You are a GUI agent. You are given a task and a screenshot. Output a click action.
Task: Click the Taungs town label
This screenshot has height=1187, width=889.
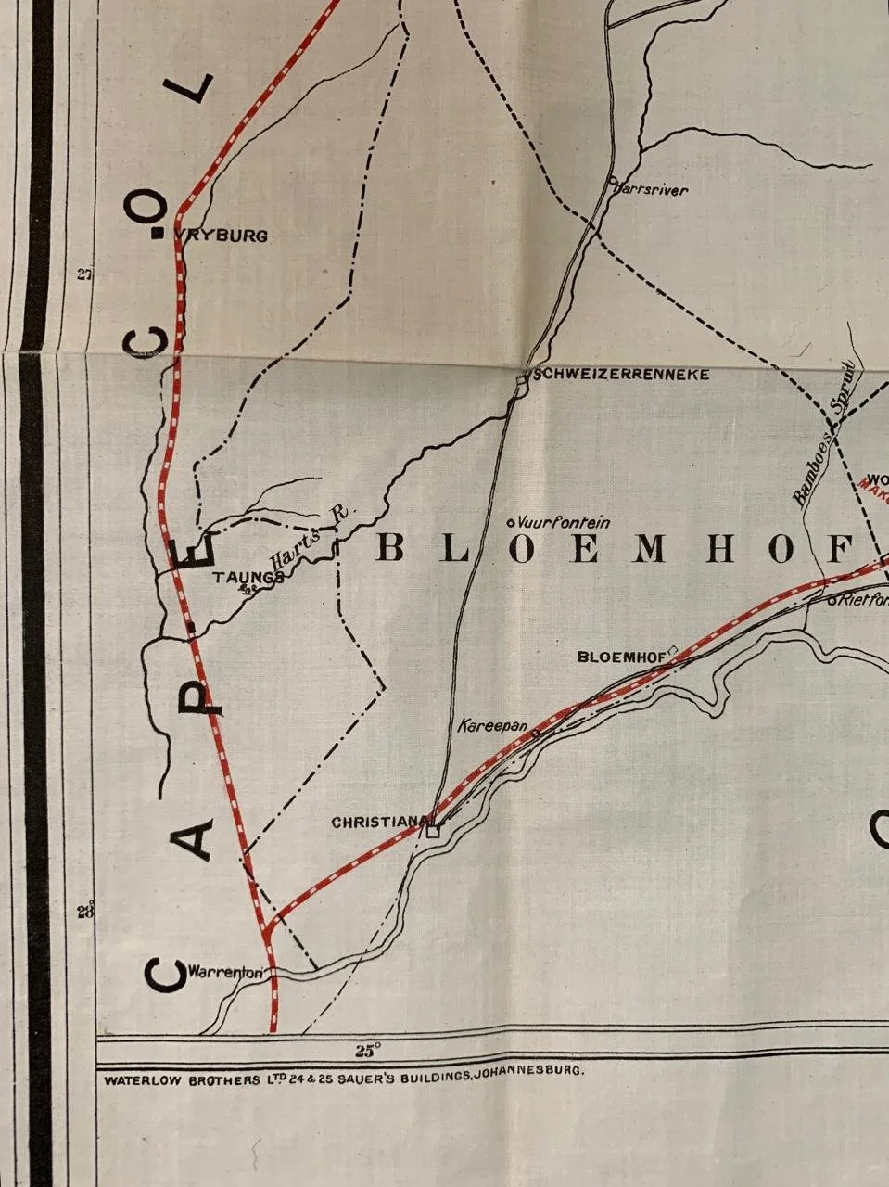[247, 577]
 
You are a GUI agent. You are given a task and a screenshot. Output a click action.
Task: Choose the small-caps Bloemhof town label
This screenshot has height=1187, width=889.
[621, 657]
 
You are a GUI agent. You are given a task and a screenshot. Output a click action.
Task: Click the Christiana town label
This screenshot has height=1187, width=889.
[378, 822]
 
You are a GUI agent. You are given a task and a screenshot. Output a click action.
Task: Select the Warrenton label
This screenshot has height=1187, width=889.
[226, 974]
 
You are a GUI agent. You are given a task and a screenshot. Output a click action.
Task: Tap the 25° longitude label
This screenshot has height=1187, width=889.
[368, 1051]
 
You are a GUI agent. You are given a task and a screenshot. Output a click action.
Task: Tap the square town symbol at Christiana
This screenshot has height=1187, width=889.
[432, 830]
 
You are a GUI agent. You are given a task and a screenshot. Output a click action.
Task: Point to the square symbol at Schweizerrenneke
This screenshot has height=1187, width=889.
[522, 378]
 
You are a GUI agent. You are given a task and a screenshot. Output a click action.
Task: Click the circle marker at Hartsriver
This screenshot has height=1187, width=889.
[613, 182]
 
